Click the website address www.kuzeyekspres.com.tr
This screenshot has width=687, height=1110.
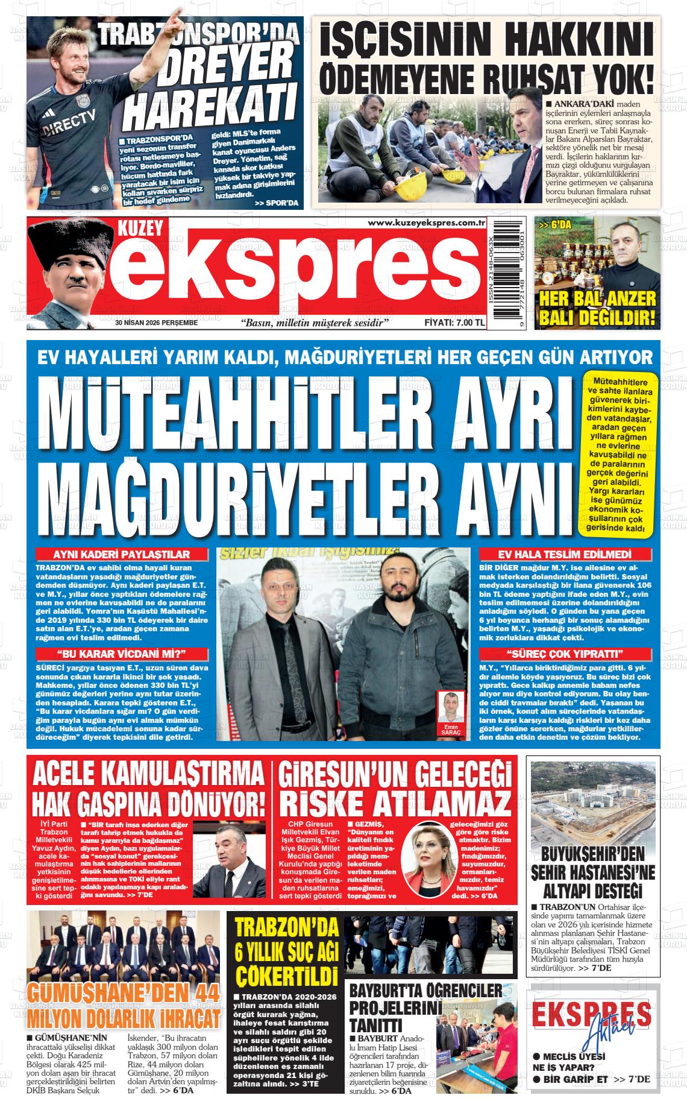[x=427, y=224]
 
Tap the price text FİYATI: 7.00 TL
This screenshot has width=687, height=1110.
[x=455, y=323]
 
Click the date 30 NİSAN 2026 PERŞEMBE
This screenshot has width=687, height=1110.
[x=157, y=323]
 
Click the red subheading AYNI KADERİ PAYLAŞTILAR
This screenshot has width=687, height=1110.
[x=122, y=555]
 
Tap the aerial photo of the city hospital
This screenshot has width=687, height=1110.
[x=593, y=800]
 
